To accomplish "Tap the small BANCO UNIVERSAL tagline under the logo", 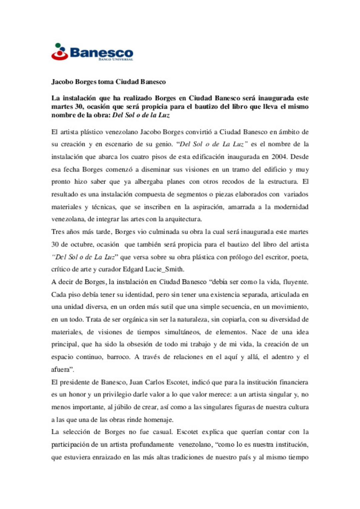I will point(116,59).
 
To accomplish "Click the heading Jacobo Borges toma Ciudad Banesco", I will point(108,82).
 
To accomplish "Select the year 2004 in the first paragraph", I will point(279,157).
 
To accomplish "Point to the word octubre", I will point(81,244).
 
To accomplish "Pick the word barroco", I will point(118,357).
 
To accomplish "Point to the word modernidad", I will point(291,207).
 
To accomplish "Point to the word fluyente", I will point(295,282).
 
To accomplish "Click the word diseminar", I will point(155,169).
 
